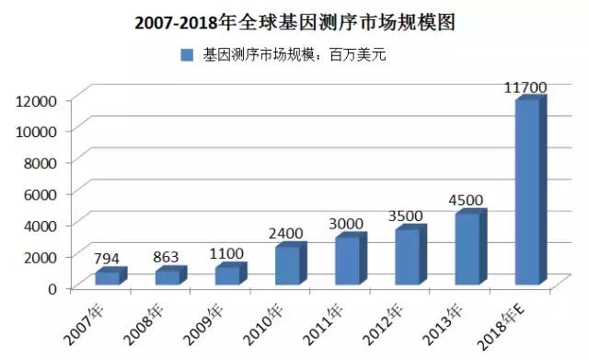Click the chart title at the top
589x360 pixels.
pyautogui.click(x=295, y=20)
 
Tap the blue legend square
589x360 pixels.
pyautogui.click(x=186, y=55)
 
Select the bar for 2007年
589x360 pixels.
pyautogui.click(x=108, y=276)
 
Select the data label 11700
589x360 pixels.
pyautogui.click(x=526, y=87)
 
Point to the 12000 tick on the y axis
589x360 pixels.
pyautogui.click(x=39, y=99)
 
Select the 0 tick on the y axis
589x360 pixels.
pyautogui.click(x=52, y=287)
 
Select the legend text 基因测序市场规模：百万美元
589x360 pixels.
pyautogui.click(x=295, y=55)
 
